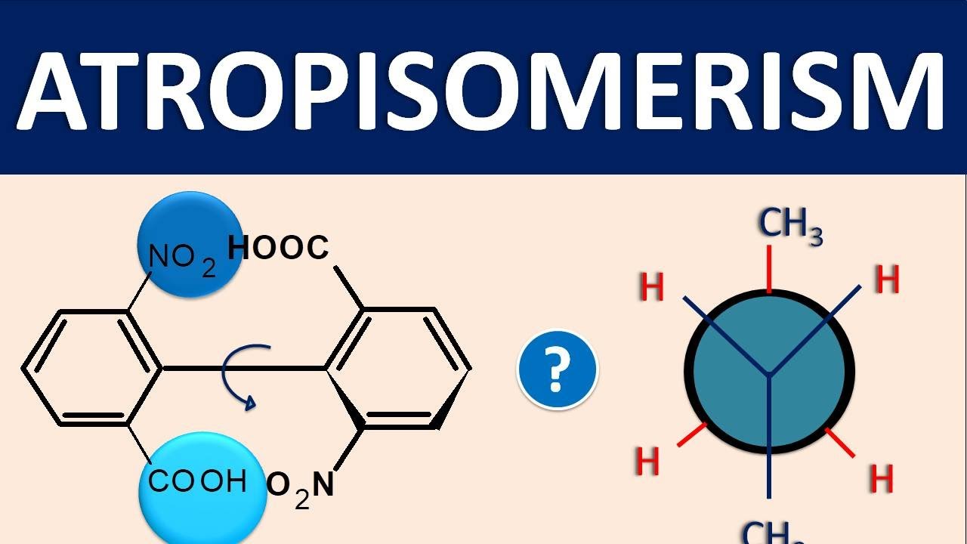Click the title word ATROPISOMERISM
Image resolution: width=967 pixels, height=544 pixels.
[x=480, y=90]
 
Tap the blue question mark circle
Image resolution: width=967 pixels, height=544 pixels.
[x=558, y=370]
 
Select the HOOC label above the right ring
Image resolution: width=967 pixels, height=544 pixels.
[x=278, y=247]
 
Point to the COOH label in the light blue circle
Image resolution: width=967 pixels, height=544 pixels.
[x=197, y=481]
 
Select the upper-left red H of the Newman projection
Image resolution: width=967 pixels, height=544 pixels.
[x=651, y=286]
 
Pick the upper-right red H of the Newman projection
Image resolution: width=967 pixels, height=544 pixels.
[x=887, y=279]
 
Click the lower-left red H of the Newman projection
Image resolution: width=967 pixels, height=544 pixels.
[x=647, y=461]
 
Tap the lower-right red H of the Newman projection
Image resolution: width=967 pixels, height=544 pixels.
[x=881, y=478]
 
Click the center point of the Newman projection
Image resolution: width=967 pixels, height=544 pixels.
[x=769, y=372]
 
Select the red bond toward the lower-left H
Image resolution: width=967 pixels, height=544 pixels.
[x=692, y=434]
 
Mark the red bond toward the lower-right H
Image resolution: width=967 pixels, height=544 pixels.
[x=839, y=443]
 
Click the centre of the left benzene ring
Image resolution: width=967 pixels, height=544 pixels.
[x=92, y=368]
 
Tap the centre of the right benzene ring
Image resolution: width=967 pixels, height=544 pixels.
[x=398, y=368]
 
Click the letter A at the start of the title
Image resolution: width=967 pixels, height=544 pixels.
[x=59, y=91]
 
